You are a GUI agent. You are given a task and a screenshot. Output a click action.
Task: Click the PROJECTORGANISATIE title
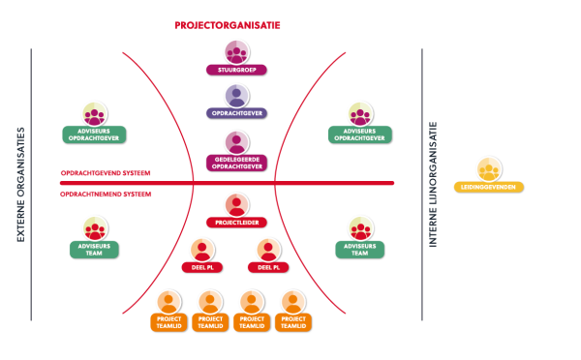[228, 25]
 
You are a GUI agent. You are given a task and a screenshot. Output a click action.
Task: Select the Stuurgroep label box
[236, 70]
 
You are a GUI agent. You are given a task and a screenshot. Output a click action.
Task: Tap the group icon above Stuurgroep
[237, 52]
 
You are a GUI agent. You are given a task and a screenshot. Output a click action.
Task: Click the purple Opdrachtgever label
[236, 113]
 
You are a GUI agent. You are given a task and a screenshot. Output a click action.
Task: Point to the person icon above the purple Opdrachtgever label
[237, 96]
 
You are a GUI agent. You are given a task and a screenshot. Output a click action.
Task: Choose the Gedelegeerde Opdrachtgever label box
[236, 163]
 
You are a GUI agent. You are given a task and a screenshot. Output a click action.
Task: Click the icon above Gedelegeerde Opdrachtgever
[237, 142]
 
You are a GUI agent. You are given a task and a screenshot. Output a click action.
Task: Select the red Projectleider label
[236, 223]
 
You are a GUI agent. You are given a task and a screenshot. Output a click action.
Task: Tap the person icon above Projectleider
[237, 205]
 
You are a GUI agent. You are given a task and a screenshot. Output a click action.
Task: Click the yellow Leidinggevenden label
[489, 187]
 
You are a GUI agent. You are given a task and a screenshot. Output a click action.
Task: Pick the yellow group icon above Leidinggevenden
[489, 169]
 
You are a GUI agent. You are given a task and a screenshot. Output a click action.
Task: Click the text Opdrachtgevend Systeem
[106, 173]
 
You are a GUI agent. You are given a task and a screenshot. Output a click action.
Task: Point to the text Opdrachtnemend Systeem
[106, 195]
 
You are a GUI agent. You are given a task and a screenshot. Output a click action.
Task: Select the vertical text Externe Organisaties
[20, 185]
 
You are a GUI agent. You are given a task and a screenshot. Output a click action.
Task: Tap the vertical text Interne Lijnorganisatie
[433, 184]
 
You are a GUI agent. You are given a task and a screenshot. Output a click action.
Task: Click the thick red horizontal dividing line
[227, 183]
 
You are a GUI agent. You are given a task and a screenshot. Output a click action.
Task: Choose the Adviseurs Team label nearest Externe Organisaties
[94, 250]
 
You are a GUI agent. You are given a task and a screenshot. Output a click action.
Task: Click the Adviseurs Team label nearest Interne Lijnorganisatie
[360, 250]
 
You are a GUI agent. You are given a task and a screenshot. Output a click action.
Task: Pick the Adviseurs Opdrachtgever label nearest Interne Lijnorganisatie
[360, 135]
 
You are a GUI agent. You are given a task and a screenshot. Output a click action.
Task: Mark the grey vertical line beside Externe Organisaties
[31, 185]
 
